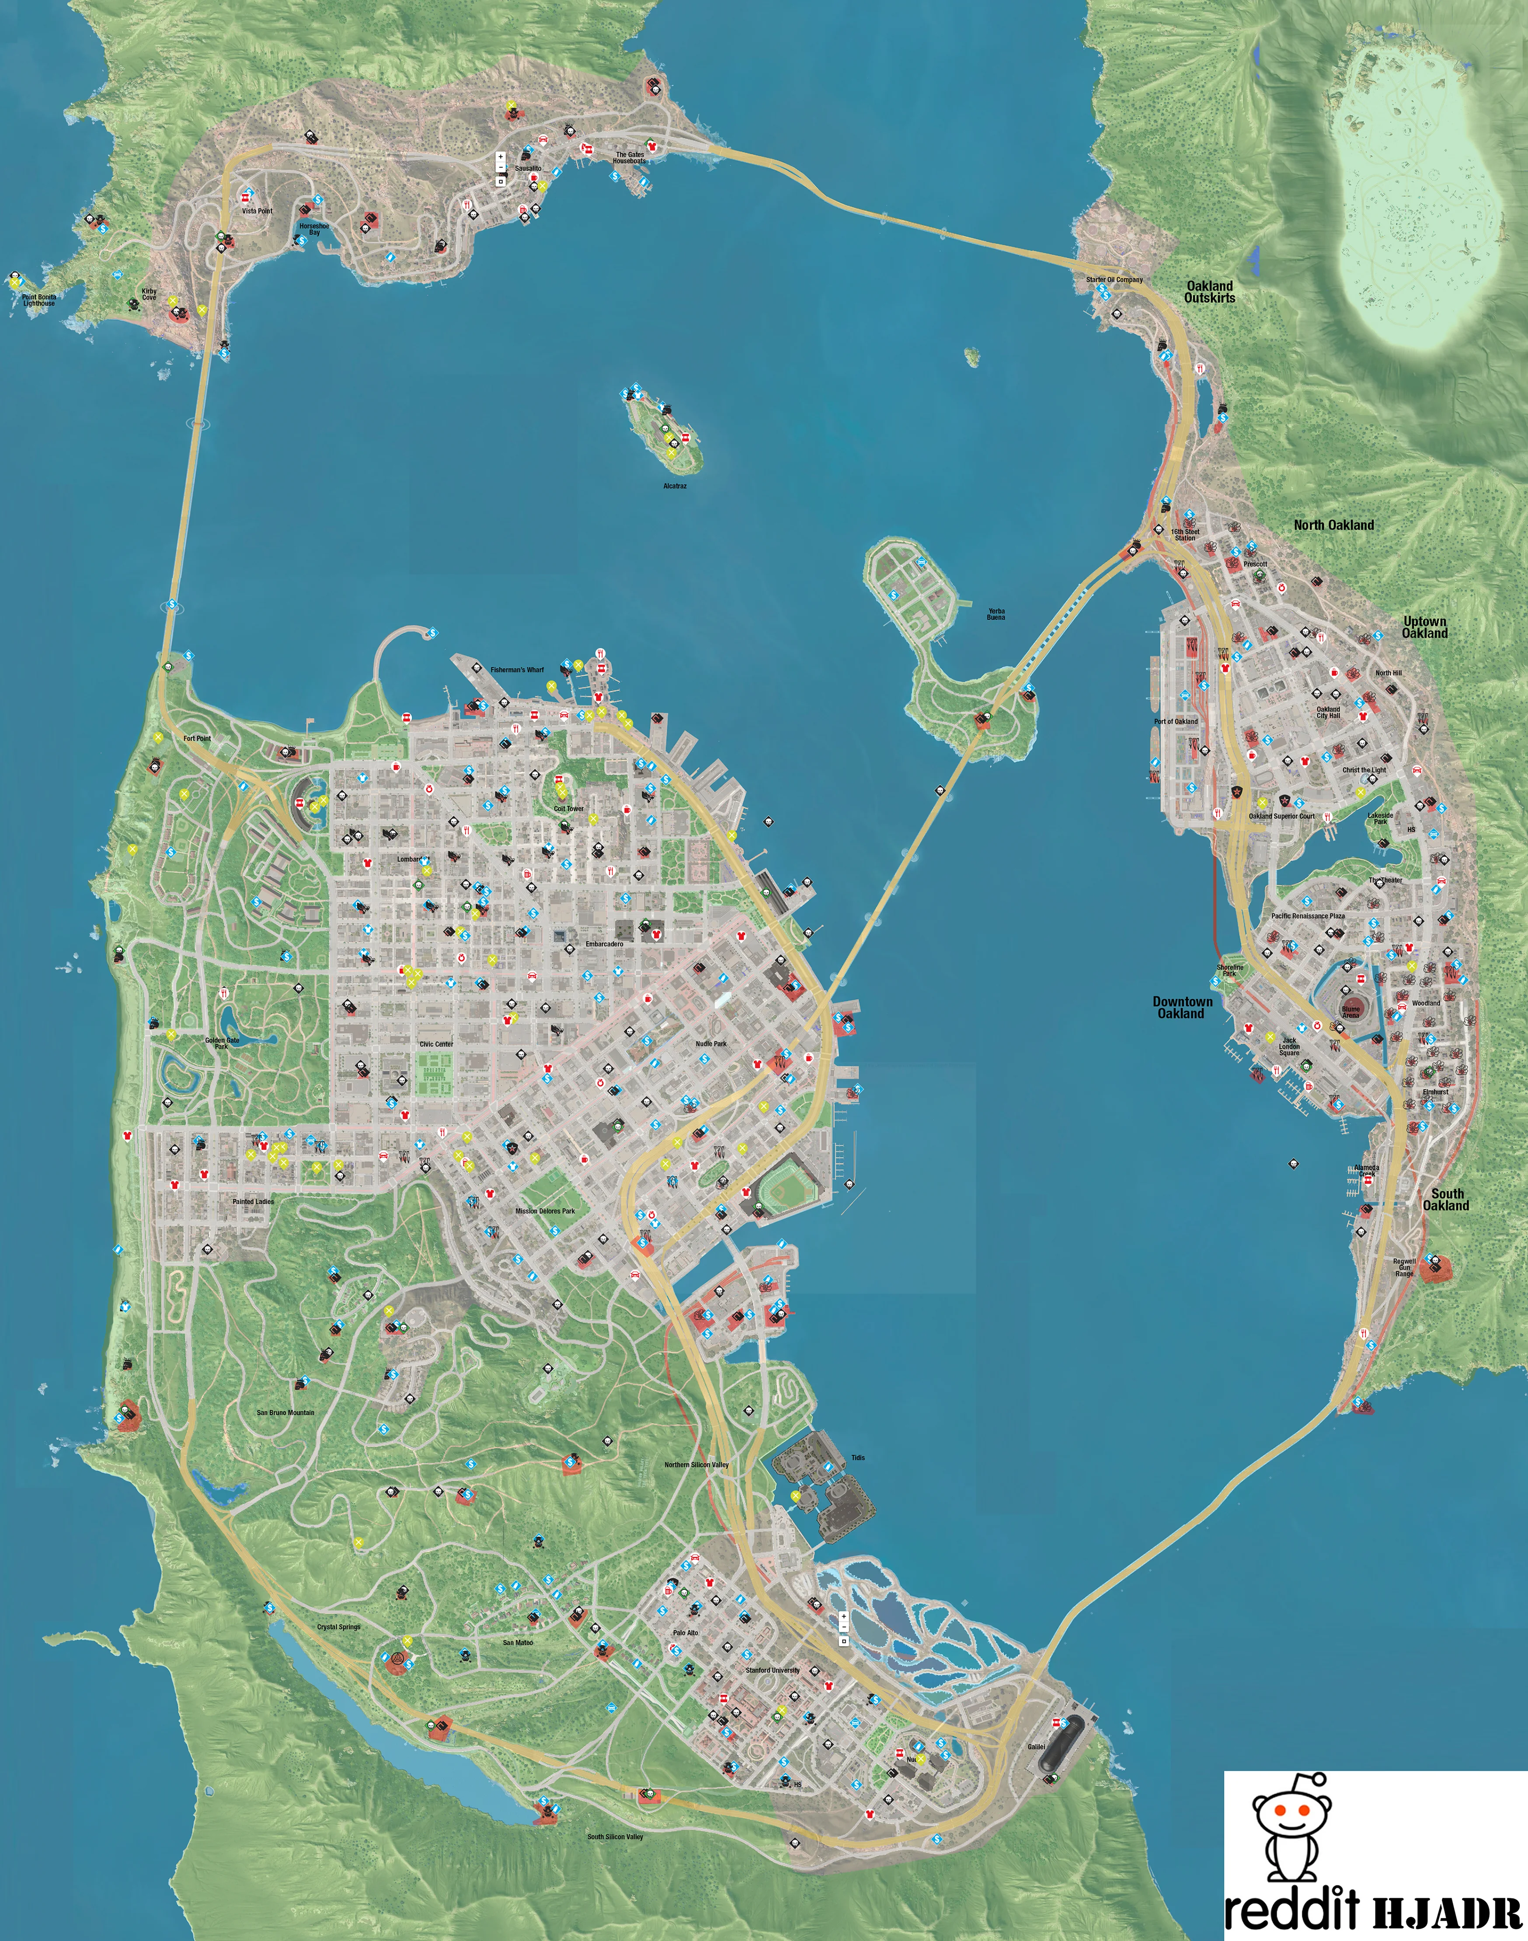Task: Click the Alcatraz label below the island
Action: [675, 486]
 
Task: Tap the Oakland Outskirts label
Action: [1210, 292]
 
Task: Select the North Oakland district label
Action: [1333, 525]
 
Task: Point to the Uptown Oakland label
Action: [1424, 627]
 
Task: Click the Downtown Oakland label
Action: [1182, 1007]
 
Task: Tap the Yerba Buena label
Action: [995, 615]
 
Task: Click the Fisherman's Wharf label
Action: [516, 669]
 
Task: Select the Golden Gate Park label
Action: [222, 1043]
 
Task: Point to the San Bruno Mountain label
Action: [285, 1412]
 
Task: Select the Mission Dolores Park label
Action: [545, 1211]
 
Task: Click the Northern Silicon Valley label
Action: [696, 1464]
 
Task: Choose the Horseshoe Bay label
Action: [314, 229]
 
